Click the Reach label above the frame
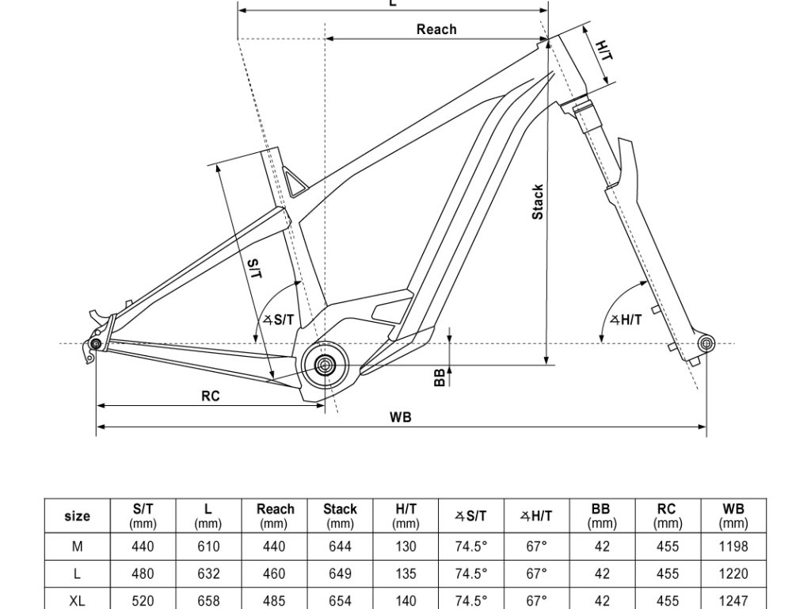pyautogui.click(x=436, y=29)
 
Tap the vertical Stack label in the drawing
pyautogui.click(x=538, y=202)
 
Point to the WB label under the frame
pyautogui.click(x=401, y=417)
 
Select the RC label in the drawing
pyautogui.click(x=210, y=396)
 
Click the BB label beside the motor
pyautogui.click(x=440, y=378)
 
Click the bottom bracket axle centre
pyautogui.click(x=325, y=365)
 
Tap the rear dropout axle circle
pyautogui.click(x=96, y=344)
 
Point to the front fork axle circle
pyautogui.click(x=706, y=343)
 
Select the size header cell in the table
pyautogui.click(x=77, y=516)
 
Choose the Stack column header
pyautogui.click(x=340, y=515)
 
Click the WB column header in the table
pyautogui.click(x=733, y=515)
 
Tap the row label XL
pyautogui.click(x=77, y=599)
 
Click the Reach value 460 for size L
pyautogui.click(x=275, y=573)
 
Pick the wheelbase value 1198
pyautogui.click(x=733, y=547)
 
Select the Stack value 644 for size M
pyautogui.click(x=340, y=547)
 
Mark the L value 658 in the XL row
pyautogui.click(x=208, y=599)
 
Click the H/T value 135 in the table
pyautogui.click(x=405, y=573)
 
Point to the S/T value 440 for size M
pyautogui.click(x=143, y=547)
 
